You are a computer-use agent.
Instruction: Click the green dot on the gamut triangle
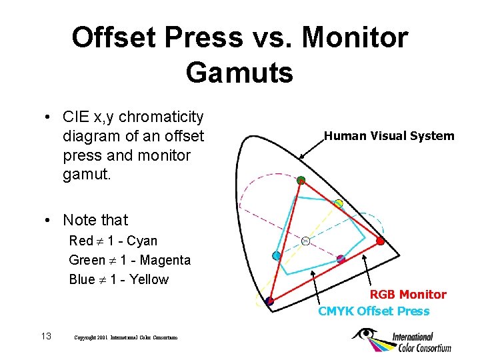point(301,180)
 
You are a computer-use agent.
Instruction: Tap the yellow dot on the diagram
point(338,203)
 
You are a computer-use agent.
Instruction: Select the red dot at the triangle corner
point(380,241)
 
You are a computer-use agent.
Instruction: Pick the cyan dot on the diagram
point(276,256)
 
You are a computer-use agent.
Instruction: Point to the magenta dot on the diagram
point(341,259)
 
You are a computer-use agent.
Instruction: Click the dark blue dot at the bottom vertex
point(269,301)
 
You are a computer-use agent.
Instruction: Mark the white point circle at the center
point(305,241)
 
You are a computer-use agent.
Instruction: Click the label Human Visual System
point(389,136)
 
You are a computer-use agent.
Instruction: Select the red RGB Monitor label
point(408,295)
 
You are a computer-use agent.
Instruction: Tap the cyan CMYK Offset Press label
point(373,311)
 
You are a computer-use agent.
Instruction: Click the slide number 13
point(46,336)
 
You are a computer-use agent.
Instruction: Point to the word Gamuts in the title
point(239,72)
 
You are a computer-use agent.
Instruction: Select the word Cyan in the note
point(142,241)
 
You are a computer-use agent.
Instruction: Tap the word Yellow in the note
point(149,279)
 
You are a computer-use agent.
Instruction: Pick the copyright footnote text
point(126,338)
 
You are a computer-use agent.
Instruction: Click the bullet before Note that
point(49,221)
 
